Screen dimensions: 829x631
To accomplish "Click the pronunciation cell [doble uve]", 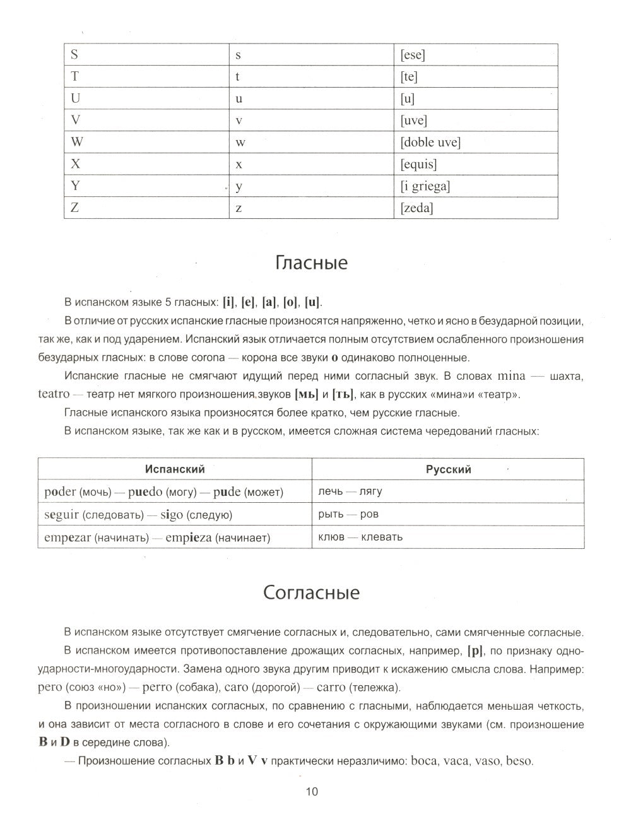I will coord(430,143).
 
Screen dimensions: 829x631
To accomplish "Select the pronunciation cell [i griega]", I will coord(425,186).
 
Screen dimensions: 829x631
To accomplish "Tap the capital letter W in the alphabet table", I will coord(76,143).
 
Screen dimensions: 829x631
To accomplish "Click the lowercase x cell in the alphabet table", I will coord(239,165).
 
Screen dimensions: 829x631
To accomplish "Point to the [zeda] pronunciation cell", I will coord(416,208).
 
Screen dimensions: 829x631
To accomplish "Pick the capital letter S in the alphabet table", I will coord(74,55).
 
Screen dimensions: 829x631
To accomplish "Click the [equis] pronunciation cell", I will coord(418,165).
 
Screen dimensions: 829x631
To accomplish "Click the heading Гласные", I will coord(312,262).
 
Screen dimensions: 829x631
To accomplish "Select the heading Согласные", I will coord(312,592).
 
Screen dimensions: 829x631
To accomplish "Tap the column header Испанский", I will coord(175,469).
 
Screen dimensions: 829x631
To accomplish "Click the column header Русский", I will coord(448,469).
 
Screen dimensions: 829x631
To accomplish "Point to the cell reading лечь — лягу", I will coord(350,491).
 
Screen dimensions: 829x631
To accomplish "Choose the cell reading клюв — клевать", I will coord(360,538).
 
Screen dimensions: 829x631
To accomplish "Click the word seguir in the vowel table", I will coord(61,515).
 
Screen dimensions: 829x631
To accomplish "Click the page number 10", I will coord(312,792).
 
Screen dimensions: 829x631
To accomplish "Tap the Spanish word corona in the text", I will coord(205,358).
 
